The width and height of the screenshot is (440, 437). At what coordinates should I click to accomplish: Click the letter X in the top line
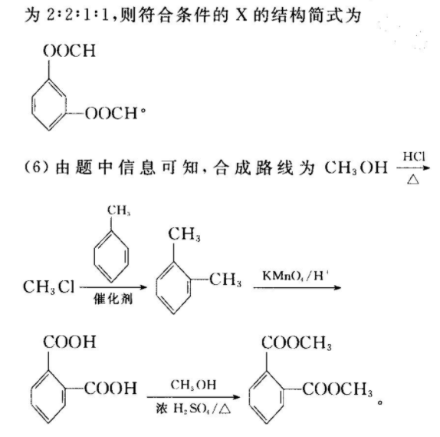[241, 15]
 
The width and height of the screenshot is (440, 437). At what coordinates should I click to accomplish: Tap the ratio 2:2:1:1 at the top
[77, 15]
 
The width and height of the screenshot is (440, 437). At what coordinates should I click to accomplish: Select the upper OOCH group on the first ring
[69, 51]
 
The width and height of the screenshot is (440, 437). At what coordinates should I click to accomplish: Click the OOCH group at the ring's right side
[111, 114]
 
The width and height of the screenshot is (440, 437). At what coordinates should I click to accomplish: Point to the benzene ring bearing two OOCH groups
[49, 105]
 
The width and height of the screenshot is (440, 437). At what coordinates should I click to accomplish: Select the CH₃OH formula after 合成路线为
[356, 168]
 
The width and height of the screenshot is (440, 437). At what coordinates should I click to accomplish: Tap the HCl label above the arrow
[414, 157]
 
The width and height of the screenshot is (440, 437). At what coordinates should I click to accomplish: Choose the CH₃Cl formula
[49, 287]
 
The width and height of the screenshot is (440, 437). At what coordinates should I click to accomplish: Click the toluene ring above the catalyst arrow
[111, 257]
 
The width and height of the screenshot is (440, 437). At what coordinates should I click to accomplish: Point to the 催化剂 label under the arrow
[113, 299]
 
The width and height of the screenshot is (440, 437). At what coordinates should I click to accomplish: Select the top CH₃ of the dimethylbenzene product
[185, 234]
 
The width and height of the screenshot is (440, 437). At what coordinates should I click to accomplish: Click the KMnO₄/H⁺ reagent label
[295, 276]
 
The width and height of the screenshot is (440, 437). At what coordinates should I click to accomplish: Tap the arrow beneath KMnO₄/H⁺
[297, 287]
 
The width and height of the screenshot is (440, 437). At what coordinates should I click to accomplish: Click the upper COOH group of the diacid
[70, 342]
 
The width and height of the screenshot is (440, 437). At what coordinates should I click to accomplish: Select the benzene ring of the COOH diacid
[48, 397]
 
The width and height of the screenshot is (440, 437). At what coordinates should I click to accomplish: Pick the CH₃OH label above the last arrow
[193, 385]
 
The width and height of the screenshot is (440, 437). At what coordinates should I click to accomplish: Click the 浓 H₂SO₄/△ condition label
[193, 409]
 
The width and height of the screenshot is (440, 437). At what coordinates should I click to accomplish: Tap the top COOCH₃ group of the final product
[297, 343]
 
